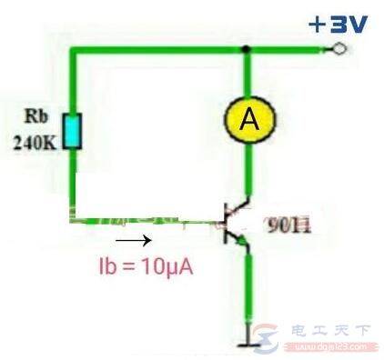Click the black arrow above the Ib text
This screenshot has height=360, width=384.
(x=134, y=242)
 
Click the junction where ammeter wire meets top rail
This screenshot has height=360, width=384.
(x=246, y=52)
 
